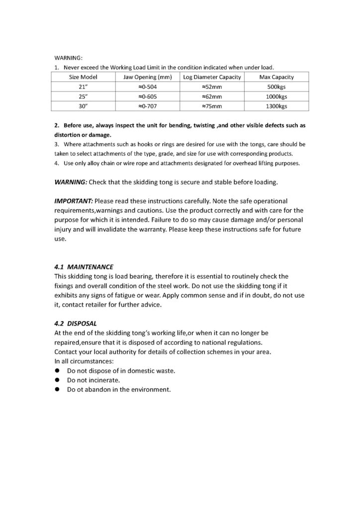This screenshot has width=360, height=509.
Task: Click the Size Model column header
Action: (83, 77)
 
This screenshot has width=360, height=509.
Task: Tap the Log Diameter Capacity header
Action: (212, 77)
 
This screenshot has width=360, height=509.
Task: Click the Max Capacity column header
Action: (276, 77)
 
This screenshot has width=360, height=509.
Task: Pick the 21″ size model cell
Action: (83, 86)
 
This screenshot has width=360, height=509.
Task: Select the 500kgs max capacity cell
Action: (276, 86)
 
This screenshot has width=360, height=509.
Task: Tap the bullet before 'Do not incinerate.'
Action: (58, 380)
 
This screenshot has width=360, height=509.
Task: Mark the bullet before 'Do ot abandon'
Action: (58, 390)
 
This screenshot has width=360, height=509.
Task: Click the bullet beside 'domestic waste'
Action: (58, 371)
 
